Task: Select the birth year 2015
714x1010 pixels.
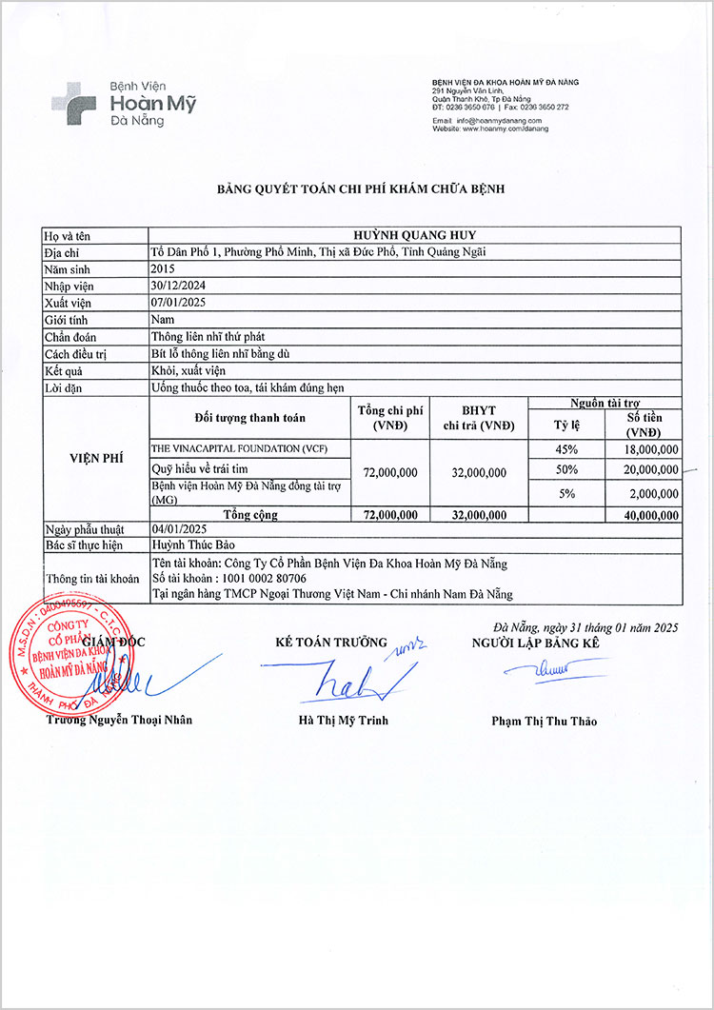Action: [163, 268]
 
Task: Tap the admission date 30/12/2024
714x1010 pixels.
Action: [178, 285]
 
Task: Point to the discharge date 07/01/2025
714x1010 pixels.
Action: [178, 302]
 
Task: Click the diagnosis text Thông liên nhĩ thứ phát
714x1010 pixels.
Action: [208, 336]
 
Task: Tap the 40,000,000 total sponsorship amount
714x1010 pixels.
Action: [647, 515]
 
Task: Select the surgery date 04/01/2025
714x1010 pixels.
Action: [178, 528]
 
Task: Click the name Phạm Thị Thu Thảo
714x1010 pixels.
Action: [544, 721]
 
